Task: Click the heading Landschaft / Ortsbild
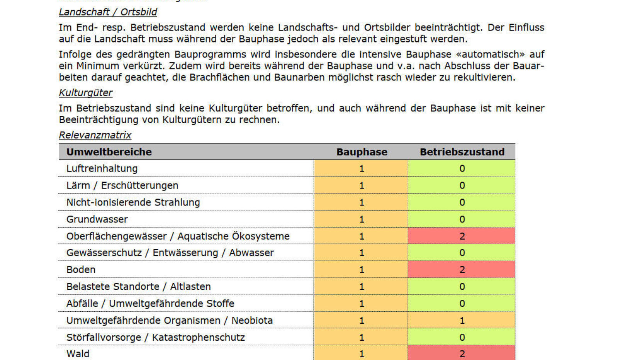click(108, 12)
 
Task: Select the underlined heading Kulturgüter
click(85, 93)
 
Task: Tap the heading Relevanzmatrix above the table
click(95, 135)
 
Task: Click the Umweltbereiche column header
click(109, 152)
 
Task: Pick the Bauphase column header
click(362, 152)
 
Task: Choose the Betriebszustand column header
click(462, 152)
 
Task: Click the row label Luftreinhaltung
click(102, 168)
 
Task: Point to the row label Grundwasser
click(97, 219)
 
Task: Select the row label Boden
click(81, 270)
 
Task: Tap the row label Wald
click(78, 354)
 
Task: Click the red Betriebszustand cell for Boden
click(462, 270)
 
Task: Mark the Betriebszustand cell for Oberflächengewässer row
click(462, 236)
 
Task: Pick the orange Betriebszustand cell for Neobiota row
click(462, 320)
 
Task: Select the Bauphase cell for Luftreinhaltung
click(361, 168)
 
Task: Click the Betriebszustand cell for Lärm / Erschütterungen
click(462, 185)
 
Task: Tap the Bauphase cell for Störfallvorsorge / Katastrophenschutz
click(361, 337)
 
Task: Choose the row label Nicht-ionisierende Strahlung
click(133, 202)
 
